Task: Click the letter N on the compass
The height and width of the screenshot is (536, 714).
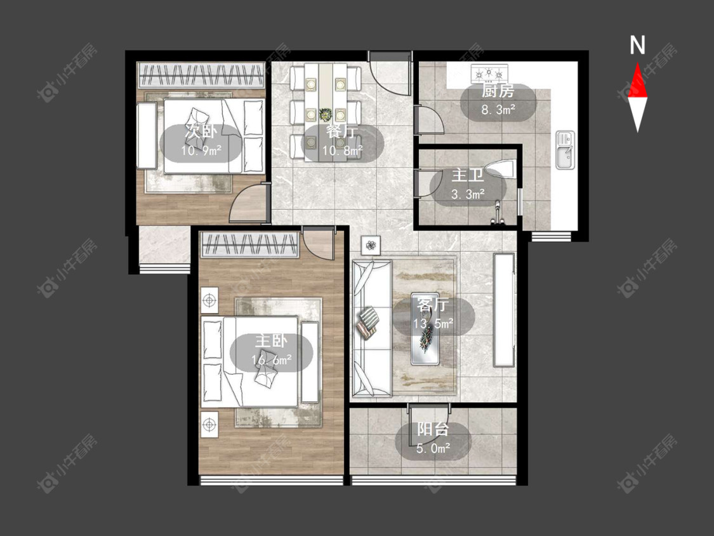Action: (x=637, y=45)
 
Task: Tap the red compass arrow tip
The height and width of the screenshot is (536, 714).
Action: (x=637, y=63)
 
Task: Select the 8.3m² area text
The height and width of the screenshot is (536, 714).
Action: (x=498, y=109)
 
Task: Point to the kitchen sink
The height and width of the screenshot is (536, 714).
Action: (x=565, y=149)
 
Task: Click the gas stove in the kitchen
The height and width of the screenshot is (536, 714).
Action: (x=489, y=72)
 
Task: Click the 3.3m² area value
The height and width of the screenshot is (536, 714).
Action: (x=468, y=194)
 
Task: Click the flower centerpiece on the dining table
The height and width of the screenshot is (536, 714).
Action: (x=326, y=114)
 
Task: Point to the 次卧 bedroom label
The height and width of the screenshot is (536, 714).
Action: (x=201, y=131)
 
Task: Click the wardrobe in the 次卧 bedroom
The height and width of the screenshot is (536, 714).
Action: (x=201, y=75)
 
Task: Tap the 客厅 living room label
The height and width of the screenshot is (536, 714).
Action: (x=433, y=305)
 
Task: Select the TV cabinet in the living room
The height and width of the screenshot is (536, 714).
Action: (x=504, y=310)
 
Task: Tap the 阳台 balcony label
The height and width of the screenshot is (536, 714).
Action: (x=433, y=429)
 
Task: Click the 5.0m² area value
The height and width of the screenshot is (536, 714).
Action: (x=433, y=448)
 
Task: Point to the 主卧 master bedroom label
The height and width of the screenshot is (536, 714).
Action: (x=271, y=341)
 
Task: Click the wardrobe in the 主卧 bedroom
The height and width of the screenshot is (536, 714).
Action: (x=249, y=245)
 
